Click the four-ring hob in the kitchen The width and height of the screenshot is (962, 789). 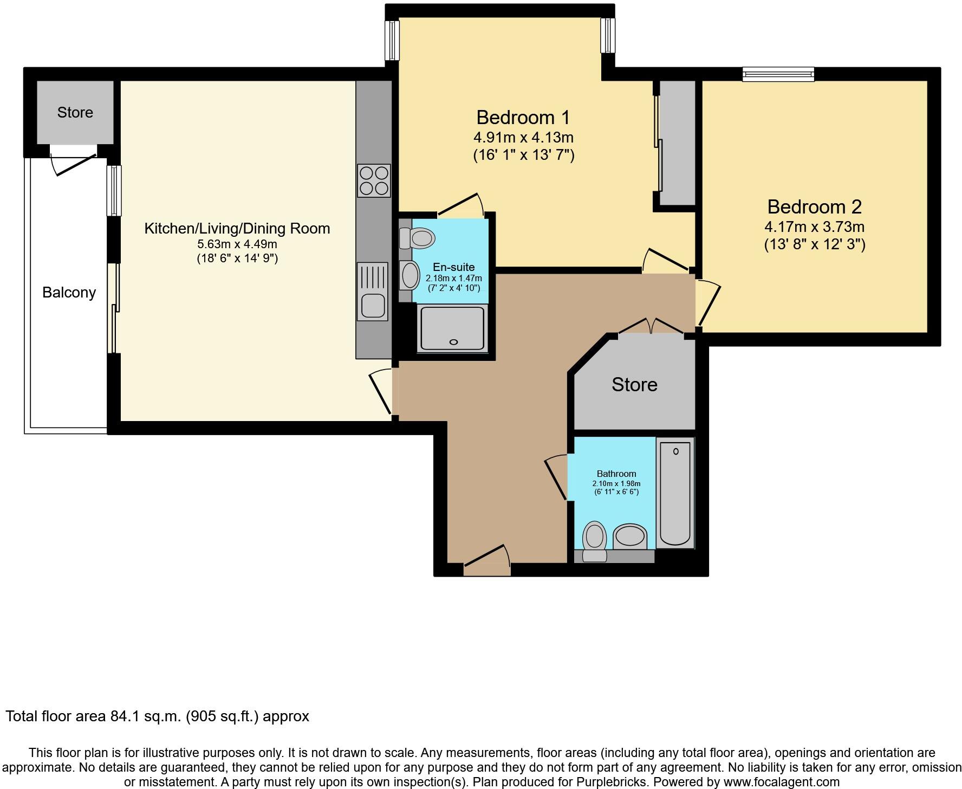(x=374, y=180)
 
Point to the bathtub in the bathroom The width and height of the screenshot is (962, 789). (x=675, y=493)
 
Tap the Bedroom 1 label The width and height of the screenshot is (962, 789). (x=523, y=117)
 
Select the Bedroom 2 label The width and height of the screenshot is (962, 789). (x=814, y=206)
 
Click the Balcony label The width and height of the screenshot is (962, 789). (x=69, y=293)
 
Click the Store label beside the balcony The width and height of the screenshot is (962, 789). (x=75, y=112)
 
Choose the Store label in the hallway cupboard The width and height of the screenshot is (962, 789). (x=634, y=384)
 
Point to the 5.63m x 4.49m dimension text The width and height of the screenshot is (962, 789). (x=237, y=244)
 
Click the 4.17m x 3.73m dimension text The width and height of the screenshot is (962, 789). (x=814, y=227)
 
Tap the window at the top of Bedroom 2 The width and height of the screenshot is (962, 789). (x=778, y=74)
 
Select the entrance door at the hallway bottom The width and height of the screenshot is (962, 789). (x=487, y=564)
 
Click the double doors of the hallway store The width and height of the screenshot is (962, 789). (x=652, y=327)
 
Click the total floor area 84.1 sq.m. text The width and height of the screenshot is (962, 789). (x=157, y=716)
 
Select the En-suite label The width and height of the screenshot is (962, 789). (x=453, y=267)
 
